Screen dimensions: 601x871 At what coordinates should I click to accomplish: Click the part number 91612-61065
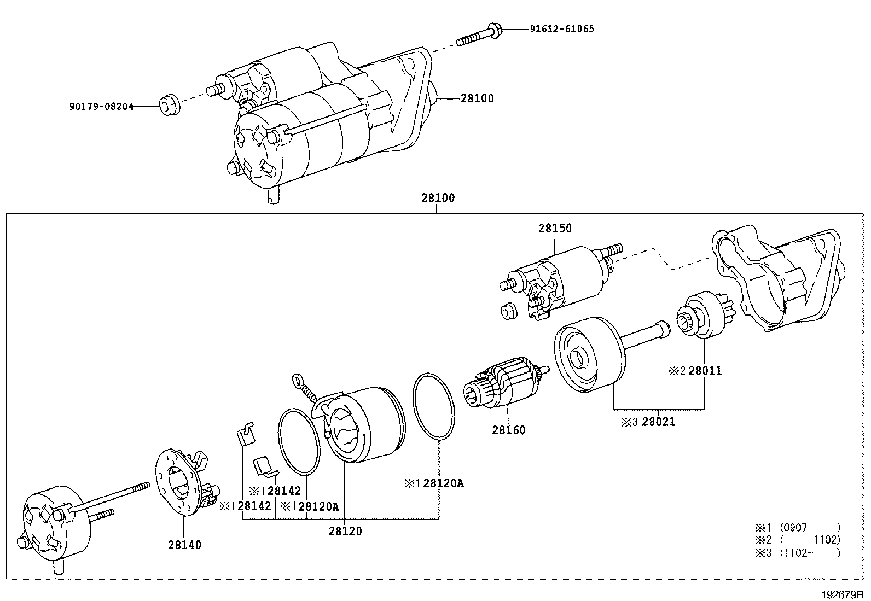pyautogui.click(x=561, y=28)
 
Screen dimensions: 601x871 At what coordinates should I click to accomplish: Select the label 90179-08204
pyautogui.click(x=101, y=107)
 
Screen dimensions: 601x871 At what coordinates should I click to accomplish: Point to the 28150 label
pyautogui.click(x=555, y=228)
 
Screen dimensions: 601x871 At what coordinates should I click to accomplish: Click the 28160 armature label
pyautogui.click(x=508, y=430)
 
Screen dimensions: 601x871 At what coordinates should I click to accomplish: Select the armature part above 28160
pyautogui.click(x=503, y=386)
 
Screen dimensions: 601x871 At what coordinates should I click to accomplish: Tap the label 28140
pyautogui.click(x=184, y=545)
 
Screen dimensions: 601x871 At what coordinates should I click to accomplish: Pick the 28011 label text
pyautogui.click(x=705, y=371)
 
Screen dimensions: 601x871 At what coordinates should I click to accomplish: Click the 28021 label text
pyautogui.click(x=658, y=422)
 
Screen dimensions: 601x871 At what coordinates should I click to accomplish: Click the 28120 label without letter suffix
pyautogui.click(x=345, y=531)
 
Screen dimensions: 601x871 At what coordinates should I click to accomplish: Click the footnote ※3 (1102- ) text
pyautogui.click(x=797, y=553)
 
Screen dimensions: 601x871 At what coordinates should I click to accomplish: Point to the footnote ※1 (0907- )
pyautogui.click(x=797, y=528)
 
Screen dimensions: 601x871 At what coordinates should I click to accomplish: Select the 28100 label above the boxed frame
pyautogui.click(x=437, y=198)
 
